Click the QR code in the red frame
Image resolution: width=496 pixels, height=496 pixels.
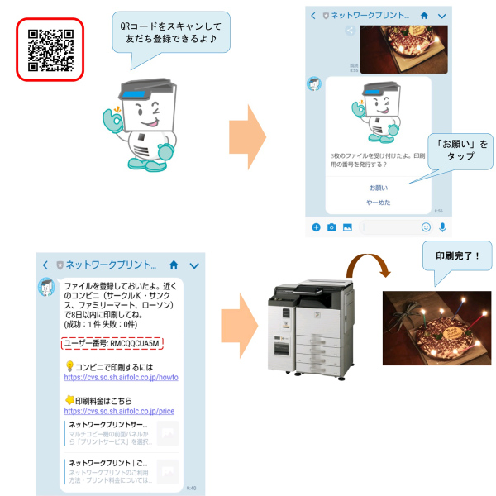[50, 50]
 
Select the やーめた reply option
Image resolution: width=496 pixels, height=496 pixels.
[378, 203]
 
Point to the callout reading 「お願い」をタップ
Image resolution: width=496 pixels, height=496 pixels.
[460, 150]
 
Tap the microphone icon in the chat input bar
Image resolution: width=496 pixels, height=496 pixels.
[442, 227]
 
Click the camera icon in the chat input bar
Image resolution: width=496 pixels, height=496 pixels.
[331, 227]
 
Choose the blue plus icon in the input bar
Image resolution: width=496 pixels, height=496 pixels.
[316, 227]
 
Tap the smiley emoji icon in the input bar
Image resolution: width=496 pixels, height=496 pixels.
[426, 227]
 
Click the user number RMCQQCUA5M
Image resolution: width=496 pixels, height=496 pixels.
[112, 343]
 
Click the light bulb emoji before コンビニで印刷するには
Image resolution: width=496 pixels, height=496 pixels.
[69, 365]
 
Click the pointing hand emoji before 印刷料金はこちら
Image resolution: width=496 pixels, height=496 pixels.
[69, 399]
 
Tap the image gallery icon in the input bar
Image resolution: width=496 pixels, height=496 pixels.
[347, 227]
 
